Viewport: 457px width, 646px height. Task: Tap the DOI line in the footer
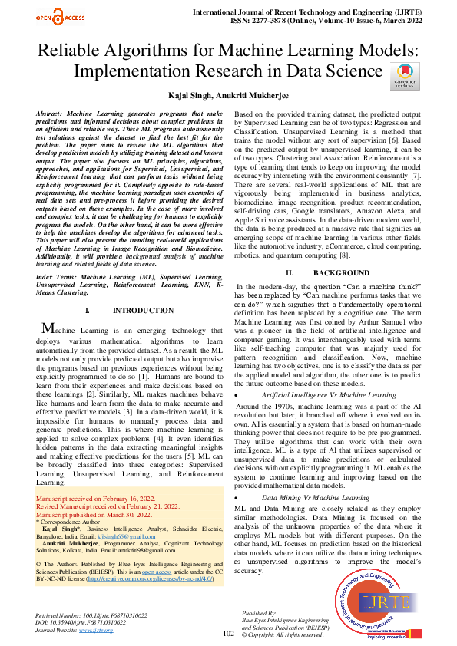[x=87, y=623]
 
